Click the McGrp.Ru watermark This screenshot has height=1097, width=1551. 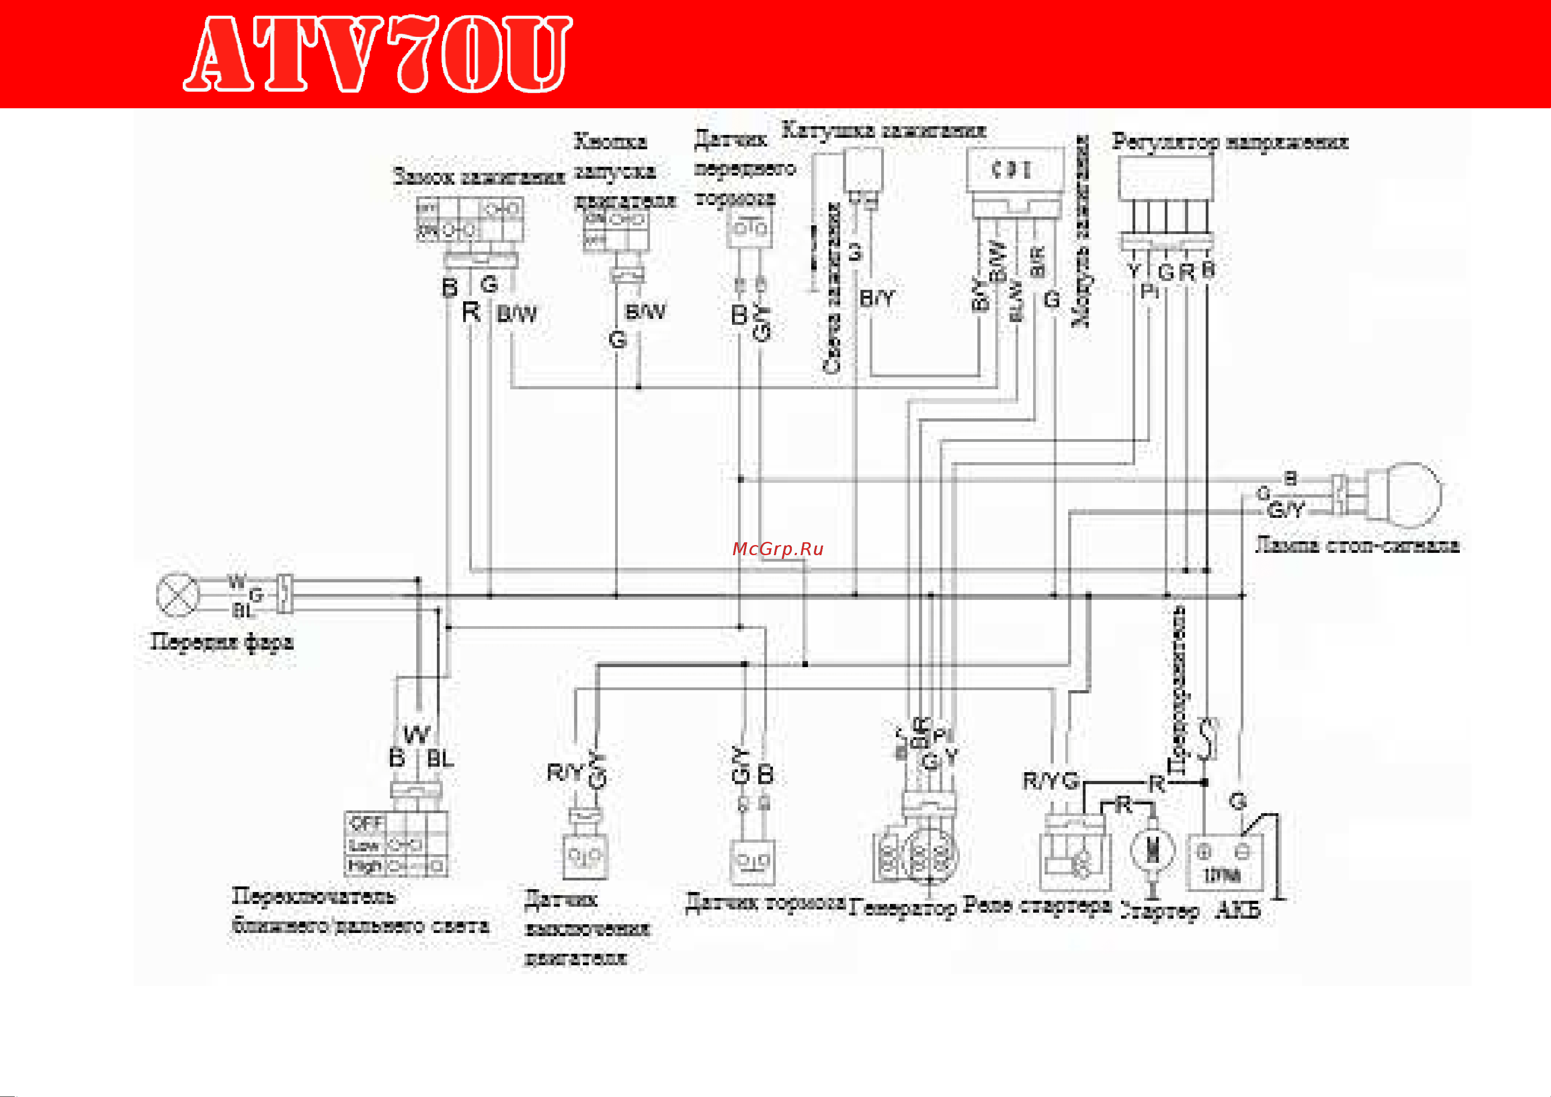pyautogui.click(x=778, y=549)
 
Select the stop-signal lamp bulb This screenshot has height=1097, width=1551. pyautogui.click(x=1405, y=495)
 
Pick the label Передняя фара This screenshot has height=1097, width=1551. pyautogui.click(x=221, y=641)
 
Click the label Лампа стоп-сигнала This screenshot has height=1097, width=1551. pyautogui.click(x=1356, y=545)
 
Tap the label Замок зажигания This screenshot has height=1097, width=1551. pyautogui.click(x=478, y=177)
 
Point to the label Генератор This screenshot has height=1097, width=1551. pyautogui.click(x=902, y=908)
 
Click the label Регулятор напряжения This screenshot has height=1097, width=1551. pyautogui.click(x=1230, y=142)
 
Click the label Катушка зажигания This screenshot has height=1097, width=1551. pyautogui.click(x=883, y=130)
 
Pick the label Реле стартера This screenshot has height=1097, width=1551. pyautogui.click(x=1037, y=904)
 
